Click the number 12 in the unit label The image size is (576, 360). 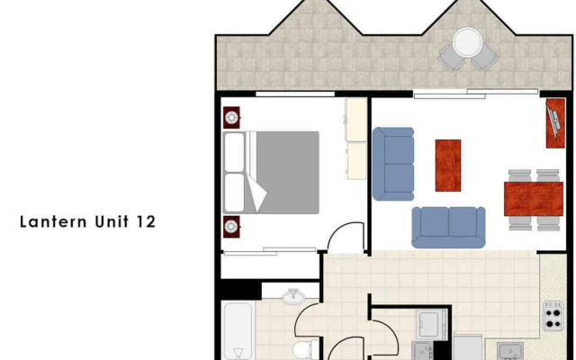[146, 221]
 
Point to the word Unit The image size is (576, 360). [110, 221]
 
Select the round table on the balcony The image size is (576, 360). [467, 42]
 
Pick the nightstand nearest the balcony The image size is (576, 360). [231, 116]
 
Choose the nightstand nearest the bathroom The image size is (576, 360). [231, 225]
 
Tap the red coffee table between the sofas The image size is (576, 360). [448, 165]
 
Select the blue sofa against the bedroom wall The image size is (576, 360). [393, 163]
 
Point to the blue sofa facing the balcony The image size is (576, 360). [448, 227]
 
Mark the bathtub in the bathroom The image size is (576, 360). [238, 331]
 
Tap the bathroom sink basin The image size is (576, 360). [292, 297]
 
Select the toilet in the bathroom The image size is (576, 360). [302, 348]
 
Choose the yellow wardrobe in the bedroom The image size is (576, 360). [356, 139]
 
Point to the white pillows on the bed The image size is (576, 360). [236, 172]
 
